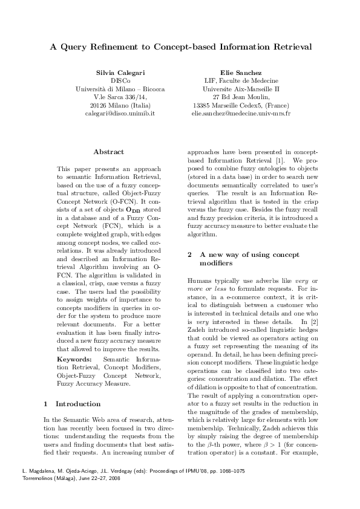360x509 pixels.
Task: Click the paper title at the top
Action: pyautogui.click(x=180, y=46)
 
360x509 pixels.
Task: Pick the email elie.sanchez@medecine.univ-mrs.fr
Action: pyautogui.click(x=240, y=113)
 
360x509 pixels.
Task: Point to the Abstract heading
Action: pyautogui.click(x=109, y=152)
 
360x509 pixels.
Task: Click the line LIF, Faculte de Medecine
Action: pyautogui.click(x=240, y=80)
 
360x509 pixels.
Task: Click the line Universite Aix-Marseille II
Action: pyautogui.click(x=240, y=88)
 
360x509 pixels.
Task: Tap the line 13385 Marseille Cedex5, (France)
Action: pyautogui.click(x=240, y=105)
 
